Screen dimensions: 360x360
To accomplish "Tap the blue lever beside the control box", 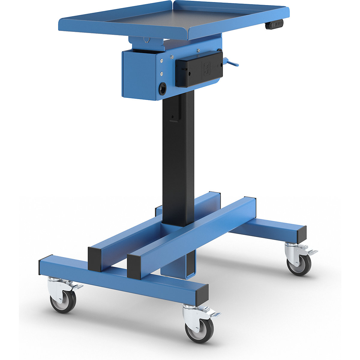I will (x=232, y=63).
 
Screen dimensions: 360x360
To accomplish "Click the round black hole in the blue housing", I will (x=162, y=89).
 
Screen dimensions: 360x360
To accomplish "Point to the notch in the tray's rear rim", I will (x=173, y=4).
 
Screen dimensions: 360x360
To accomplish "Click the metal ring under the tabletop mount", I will (x=146, y=40).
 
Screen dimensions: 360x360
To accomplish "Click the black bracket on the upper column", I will (x=175, y=111).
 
